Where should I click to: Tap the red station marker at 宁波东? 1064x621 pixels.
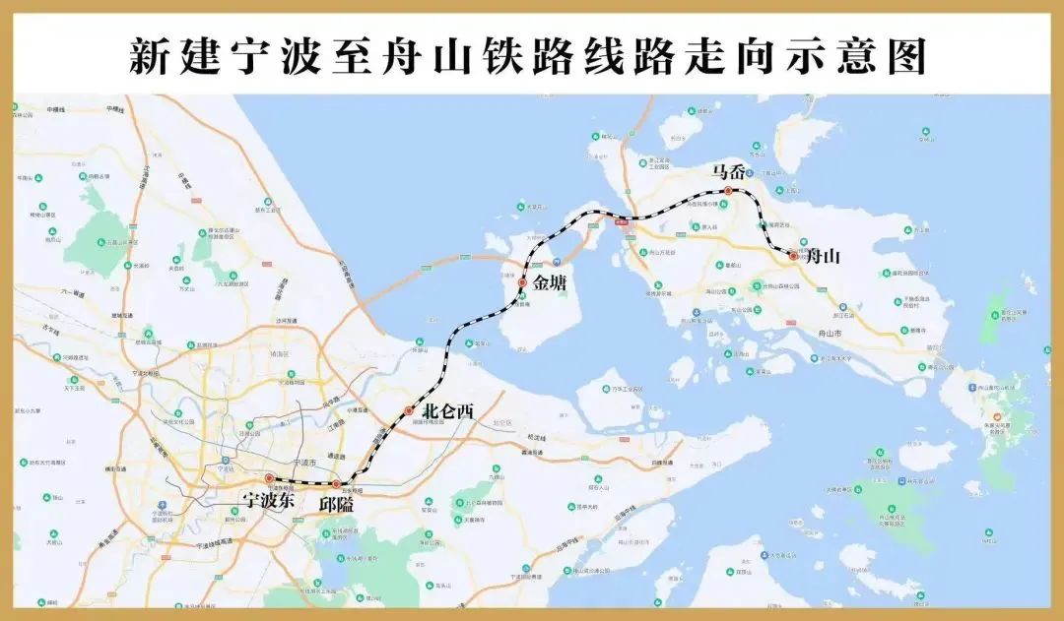269,479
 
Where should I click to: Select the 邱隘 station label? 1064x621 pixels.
336,504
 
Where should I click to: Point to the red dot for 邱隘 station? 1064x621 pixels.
336,484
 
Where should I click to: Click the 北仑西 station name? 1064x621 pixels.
447,412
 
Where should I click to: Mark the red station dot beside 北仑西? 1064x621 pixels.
409,411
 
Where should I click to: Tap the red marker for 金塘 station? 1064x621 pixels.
523,282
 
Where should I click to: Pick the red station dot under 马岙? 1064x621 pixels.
728,191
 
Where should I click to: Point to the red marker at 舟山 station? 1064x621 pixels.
793,256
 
